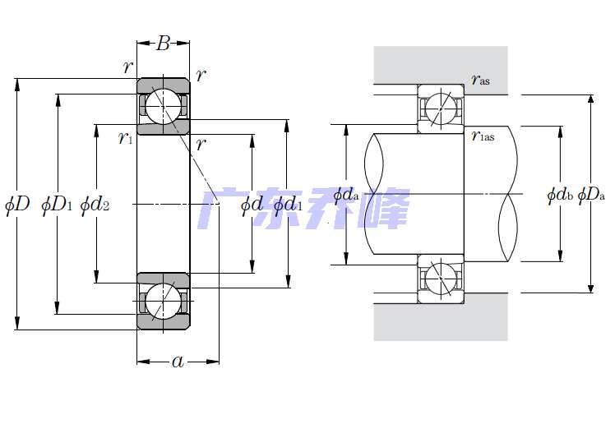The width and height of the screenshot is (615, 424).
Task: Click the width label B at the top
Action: click(x=163, y=44)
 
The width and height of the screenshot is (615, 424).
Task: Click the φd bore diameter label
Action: click(x=252, y=204)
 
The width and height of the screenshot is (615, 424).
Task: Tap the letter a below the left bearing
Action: click(x=178, y=362)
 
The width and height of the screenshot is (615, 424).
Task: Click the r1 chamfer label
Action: click(x=125, y=137)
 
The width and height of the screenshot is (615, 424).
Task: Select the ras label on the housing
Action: click(x=481, y=80)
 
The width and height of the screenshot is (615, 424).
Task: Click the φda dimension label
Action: click(x=346, y=195)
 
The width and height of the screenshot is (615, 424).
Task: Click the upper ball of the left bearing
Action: click(x=164, y=105)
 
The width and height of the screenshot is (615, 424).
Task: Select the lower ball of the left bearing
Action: click(x=164, y=301)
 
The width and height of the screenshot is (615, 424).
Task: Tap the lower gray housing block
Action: click(x=440, y=321)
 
